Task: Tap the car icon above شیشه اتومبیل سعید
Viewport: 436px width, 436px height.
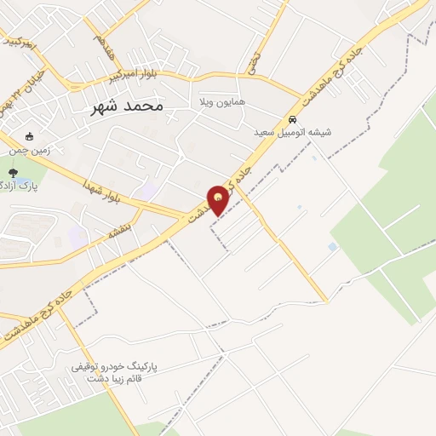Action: tap(292, 119)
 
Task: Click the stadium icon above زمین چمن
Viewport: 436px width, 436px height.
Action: tap(31, 136)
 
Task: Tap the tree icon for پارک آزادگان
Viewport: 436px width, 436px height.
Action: tap(12, 174)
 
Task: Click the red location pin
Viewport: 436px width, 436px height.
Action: tap(219, 200)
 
